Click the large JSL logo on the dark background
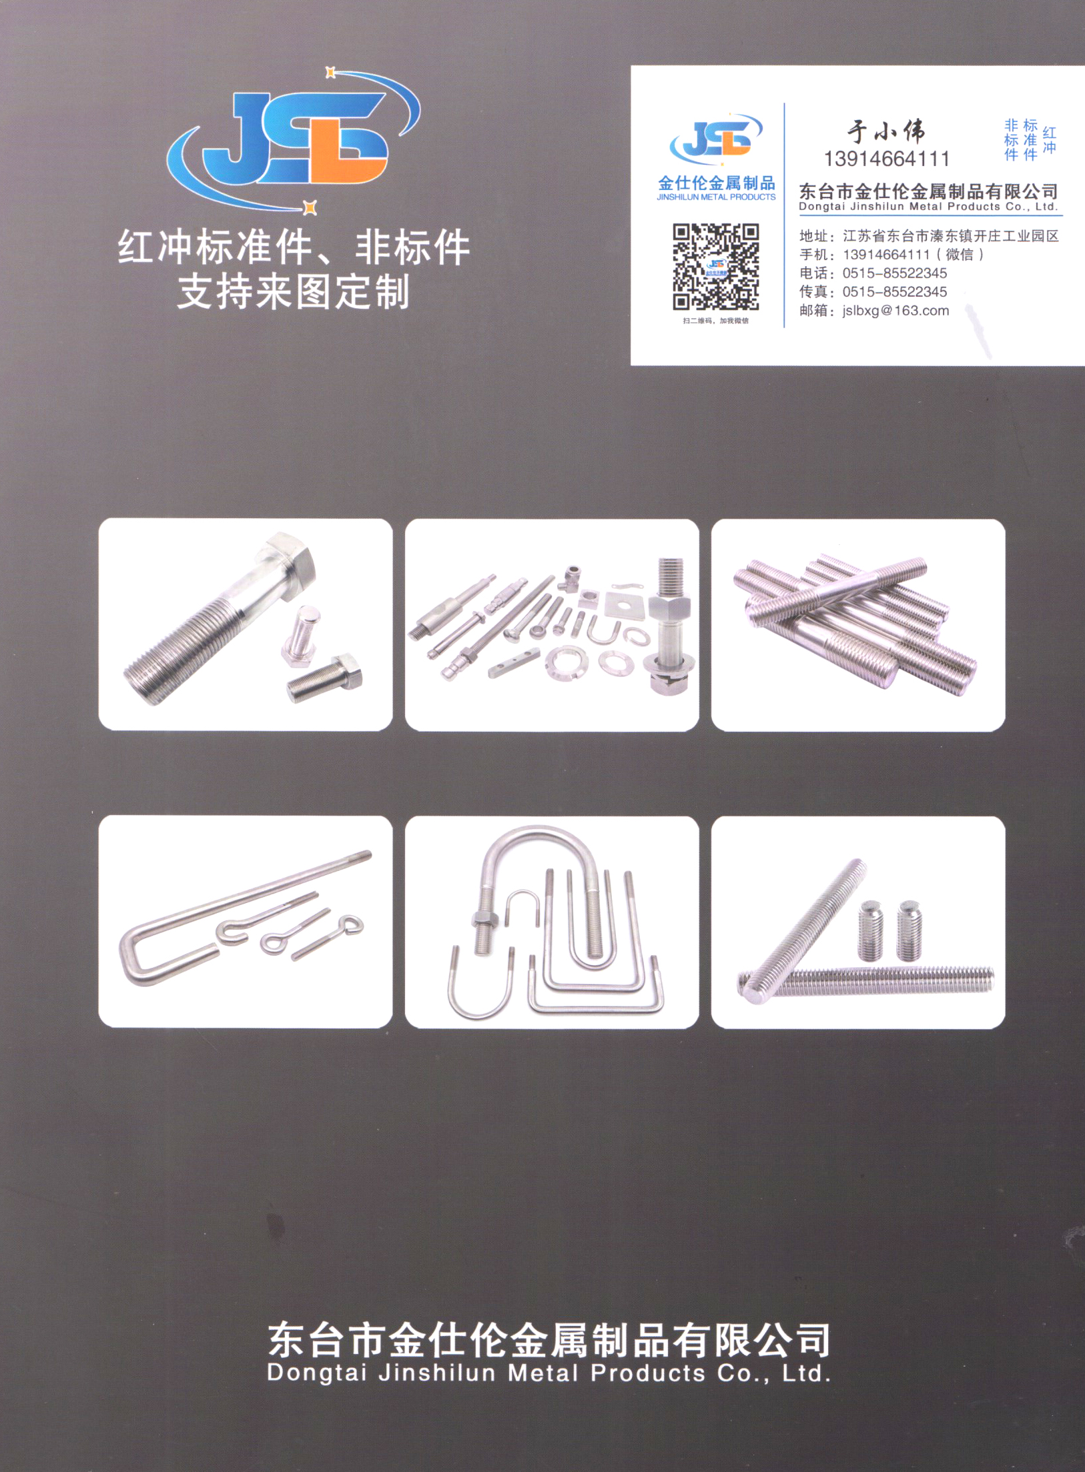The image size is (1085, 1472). pos(294,140)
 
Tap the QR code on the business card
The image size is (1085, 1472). pos(715,267)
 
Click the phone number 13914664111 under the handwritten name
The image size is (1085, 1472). pos(886,159)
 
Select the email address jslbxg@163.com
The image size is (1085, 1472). pos(895,311)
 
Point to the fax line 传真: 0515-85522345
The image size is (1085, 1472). pos(873,292)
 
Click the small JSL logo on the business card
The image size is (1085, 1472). pos(716,139)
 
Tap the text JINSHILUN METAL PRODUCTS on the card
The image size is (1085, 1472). pos(716,197)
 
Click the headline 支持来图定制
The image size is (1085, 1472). pos(294,292)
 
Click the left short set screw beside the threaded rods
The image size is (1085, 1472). pos(869,929)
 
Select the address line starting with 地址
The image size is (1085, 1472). pos(929,236)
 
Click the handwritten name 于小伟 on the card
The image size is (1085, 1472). pos(886,131)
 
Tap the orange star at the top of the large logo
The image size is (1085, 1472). pos(330,72)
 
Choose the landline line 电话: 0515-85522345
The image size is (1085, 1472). pos(873,273)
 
